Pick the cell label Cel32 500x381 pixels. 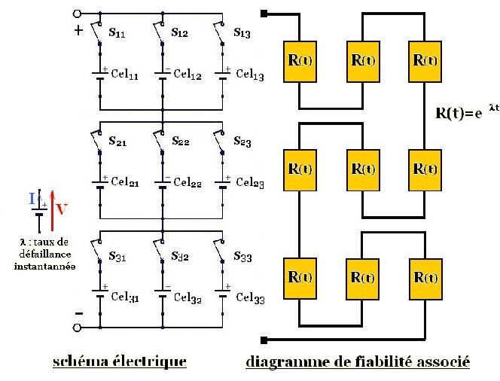[188, 297]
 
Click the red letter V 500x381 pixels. [63, 210]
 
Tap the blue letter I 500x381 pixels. [31, 198]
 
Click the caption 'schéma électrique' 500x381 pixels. [120, 362]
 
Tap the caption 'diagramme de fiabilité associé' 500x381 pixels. [358, 362]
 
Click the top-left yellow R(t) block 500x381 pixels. [300, 58]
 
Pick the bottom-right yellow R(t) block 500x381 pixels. [426, 276]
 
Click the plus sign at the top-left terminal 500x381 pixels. [77, 31]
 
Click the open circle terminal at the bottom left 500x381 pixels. [77, 328]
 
